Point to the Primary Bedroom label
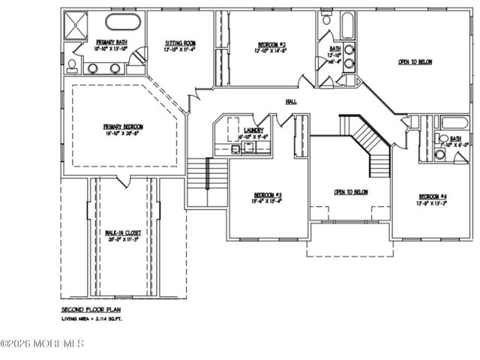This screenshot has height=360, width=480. [x=124, y=127]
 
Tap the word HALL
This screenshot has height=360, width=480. [x=292, y=101]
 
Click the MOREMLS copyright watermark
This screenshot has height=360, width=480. [x=43, y=344]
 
